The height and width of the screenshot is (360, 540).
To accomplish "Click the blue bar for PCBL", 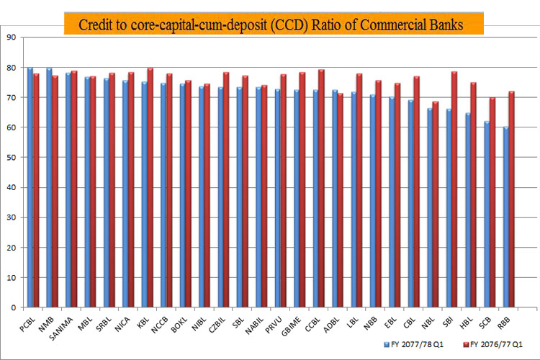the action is (30, 187).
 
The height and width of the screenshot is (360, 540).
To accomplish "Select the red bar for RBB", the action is (511, 199).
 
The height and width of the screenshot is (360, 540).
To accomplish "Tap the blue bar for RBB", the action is (506, 217).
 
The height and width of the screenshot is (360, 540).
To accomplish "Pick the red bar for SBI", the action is (454, 189).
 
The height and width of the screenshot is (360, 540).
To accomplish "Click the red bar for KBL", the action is (150, 188).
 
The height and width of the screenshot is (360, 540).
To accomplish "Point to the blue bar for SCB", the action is (487, 215).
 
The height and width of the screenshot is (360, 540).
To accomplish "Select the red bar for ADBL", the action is (341, 200).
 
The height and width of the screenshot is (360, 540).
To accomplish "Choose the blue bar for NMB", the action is (49, 188).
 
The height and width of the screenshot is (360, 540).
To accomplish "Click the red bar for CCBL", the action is (321, 189).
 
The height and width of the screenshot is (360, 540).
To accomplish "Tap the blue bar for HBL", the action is (468, 210).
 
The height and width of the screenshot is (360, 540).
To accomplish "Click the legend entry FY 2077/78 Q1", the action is (414, 344).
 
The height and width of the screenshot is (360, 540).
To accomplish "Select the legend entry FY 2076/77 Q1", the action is (493, 344).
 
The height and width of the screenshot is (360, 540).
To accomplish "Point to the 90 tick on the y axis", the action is (11, 37).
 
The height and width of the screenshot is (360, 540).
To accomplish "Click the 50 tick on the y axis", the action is (11, 158).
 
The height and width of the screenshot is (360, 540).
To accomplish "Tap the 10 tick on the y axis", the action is (11, 278).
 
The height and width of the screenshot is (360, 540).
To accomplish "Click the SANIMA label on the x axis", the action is (61, 328).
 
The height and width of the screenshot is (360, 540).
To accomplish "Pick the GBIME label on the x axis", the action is (291, 326).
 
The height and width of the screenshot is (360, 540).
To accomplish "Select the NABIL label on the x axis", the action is (254, 325).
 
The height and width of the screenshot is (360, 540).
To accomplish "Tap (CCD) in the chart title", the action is (289, 25).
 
